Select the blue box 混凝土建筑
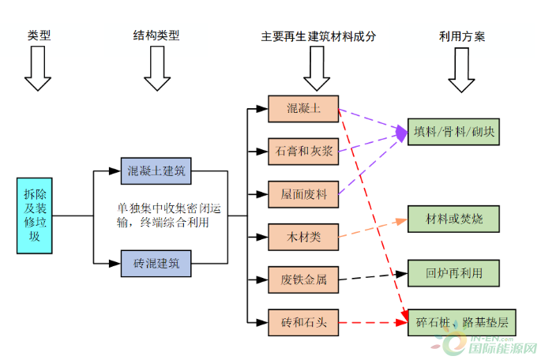tap(156, 170)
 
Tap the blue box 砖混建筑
tap(156, 262)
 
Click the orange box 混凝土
tap(303, 108)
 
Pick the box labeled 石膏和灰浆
tap(303, 151)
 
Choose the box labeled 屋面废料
tap(303, 193)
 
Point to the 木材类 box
tap(303, 234)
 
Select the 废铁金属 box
tap(303, 279)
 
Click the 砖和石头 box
tap(303, 322)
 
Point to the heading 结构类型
tap(156, 36)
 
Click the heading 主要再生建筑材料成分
tap(318, 36)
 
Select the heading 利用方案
tap(462, 36)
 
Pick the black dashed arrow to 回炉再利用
tap(373, 276)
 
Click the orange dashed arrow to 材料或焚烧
tap(373, 228)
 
